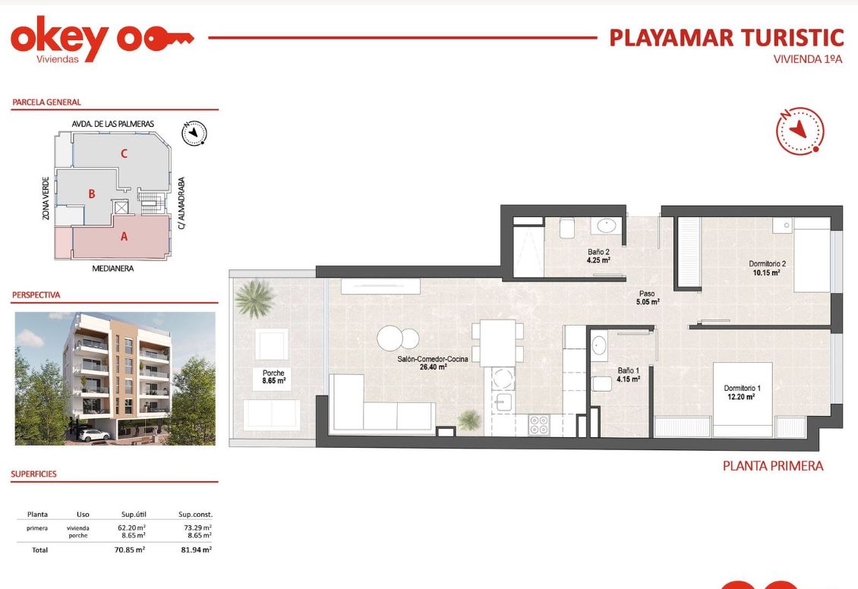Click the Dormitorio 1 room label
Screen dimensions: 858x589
pyautogui.click(x=742, y=392)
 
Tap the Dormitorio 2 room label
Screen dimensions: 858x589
pyautogui.click(x=767, y=268)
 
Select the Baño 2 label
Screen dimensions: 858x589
pyautogui.click(x=598, y=256)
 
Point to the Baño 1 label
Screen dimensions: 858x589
pyautogui.click(x=628, y=375)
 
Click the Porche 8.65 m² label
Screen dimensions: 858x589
pyautogui.click(x=273, y=376)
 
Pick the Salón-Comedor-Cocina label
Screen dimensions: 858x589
pyautogui.click(x=433, y=363)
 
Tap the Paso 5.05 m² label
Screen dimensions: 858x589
pyautogui.click(x=648, y=298)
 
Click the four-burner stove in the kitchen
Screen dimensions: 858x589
pyautogui.click(x=539, y=425)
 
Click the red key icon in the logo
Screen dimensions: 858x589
pyautogui.click(x=169, y=39)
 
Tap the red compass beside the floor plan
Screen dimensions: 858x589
pyautogui.click(x=800, y=131)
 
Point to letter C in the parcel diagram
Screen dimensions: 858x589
pyautogui.click(x=125, y=153)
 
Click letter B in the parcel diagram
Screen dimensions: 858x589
pyautogui.click(x=92, y=194)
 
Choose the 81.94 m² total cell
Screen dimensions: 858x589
pyautogui.click(x=197, y=550)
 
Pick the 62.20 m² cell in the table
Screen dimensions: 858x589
pyautogui.click(x=132, y=528)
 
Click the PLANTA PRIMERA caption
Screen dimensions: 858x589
pyautogui.click(x=773, y=465)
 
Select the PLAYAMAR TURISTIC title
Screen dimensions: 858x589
pyautogui.click(x=726, y=38)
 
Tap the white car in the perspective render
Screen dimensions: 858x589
pyautogui.click(x=93, y=436)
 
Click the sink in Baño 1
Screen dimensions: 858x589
pyautogui.click(x=598, y=345)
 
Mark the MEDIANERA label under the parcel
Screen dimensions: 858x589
pyautogui.click(x=112, y=269)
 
